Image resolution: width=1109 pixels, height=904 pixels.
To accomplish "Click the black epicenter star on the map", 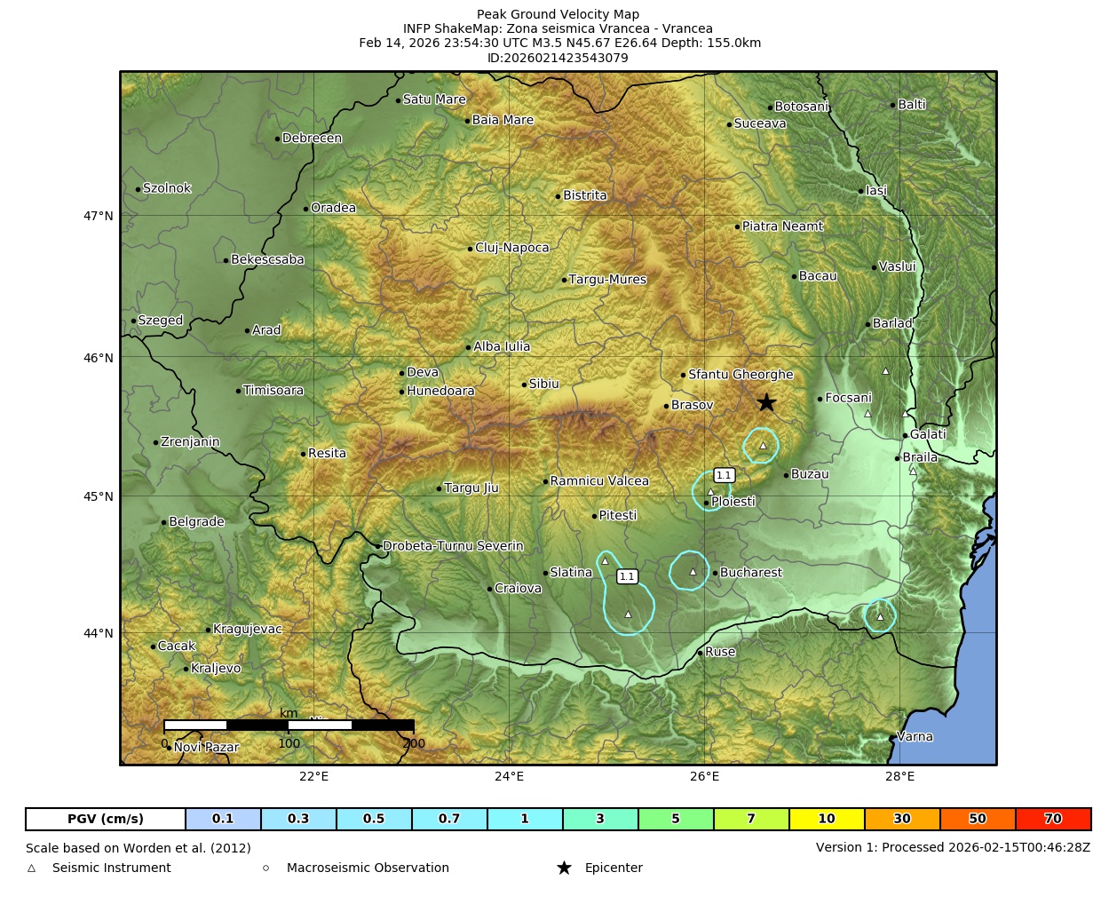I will coord(766,403).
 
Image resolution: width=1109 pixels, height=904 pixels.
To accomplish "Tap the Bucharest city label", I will coord(750,573).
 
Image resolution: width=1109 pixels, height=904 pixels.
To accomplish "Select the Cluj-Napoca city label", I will coord(511,248).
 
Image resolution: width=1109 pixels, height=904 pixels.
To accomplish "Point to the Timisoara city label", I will coord(273,391).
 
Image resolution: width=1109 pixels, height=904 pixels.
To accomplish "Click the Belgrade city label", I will coord(196,522).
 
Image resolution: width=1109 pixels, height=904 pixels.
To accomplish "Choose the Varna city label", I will coord(915,736).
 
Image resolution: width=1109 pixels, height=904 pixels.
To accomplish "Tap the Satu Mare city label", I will coord(434,99).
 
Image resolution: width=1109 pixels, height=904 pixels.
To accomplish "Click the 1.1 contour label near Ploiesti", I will coord(724,475).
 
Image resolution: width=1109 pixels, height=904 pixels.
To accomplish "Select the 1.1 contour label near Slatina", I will coord(627,576).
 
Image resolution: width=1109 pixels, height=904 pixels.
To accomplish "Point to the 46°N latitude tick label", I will coord(99,358).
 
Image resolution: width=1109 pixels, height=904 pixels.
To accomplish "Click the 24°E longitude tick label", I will coord(509,777).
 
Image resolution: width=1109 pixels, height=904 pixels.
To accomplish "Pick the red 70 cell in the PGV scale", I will coord(1053,819).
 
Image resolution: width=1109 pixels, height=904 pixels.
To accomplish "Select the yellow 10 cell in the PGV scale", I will coord(827,819).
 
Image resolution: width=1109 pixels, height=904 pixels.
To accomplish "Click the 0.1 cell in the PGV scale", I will coord(223,819).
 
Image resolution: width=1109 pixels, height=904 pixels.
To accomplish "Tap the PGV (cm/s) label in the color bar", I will coord(106,819).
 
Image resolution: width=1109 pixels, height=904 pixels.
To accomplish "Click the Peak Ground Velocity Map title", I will coord(558,14).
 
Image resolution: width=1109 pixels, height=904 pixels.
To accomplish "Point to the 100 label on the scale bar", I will coord(289,743).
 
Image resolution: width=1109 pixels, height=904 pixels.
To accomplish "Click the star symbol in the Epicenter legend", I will coord(564,868).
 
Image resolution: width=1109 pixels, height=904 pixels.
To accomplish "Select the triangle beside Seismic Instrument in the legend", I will coord(32,868).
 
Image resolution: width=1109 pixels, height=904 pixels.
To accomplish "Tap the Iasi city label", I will coord(876,191).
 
